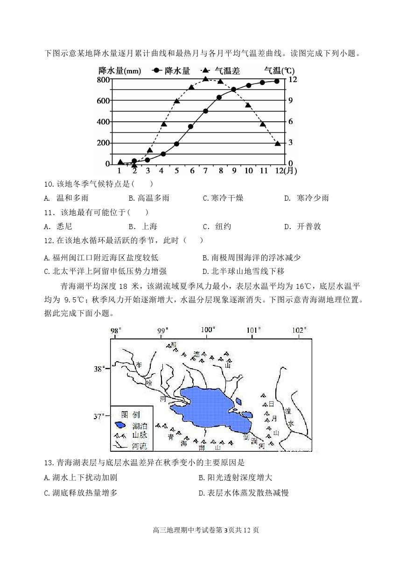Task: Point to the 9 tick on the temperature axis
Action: [x=290, y=100]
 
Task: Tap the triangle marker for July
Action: [x=205, y=79]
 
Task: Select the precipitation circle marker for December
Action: [x=277, y=81]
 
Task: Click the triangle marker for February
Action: [x=134, y=165]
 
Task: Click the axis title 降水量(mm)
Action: [x=120, y=71]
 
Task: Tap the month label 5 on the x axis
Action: [x=177, y=171]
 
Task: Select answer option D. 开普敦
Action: [x=303, y=226]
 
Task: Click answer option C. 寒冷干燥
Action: [x=223, y=198]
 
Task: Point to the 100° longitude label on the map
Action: [x=208, y=330]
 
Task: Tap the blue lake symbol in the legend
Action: [x=120, y=425]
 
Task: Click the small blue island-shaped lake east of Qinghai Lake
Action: [x=239, y=401]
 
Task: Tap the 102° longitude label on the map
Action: [x=299, y=330]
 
